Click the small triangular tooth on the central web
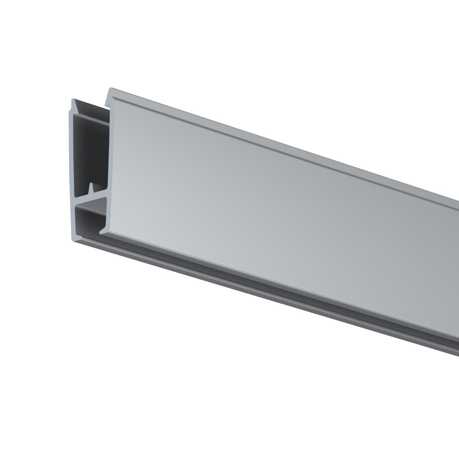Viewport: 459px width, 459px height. pyautogui.click(x=91, y=188)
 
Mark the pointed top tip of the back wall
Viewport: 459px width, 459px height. pyautogui.click(x=73, y=100)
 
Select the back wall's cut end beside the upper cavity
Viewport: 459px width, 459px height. pyautogui.click(x=74, y=153)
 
